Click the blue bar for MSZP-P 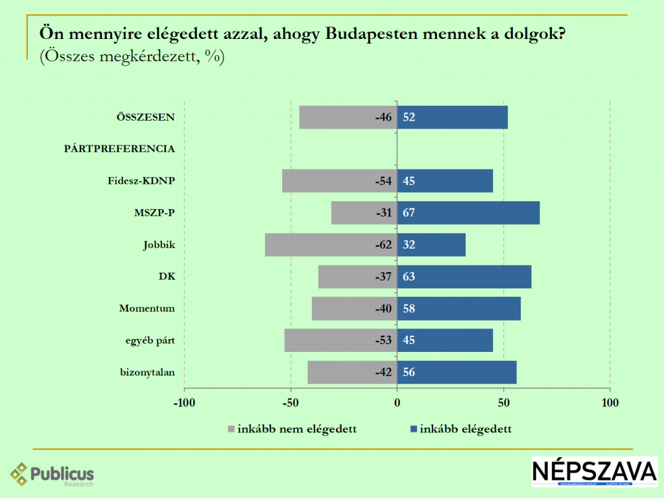(x=468, y=212)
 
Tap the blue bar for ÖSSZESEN (x=453, y=117)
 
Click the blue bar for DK (x=464, y=277)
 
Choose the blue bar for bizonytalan (x=456, y=372)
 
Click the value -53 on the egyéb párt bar (x=384, y=340)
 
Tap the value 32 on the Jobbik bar (x=409, y=245)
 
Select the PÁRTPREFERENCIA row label (x=119, y=149)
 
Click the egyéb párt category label (x=150, y=340)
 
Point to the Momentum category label (x=147, y=308)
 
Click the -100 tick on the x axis (x=184, y=403)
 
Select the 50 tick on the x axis (x=504, y=403)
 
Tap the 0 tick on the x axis (x=397, y=403)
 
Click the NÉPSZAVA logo (x=595, y=472)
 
